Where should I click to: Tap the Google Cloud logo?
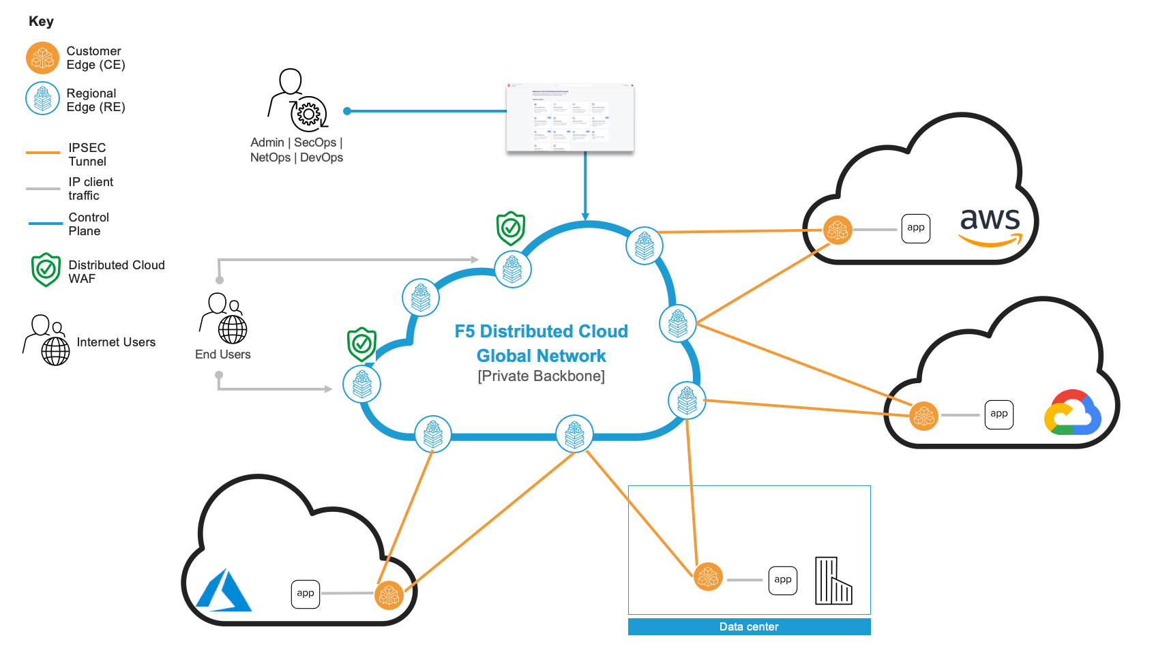tap(1072, 412)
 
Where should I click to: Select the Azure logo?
tap(224, 591)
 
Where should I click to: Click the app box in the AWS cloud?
tap(915, 228)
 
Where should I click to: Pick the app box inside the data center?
tap(782, 580)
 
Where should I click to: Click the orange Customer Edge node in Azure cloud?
tap(389, 595)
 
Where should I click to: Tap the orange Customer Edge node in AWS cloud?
tap(837, 230)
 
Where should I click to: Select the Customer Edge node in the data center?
tap(708, 577)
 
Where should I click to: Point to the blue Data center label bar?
tap(749, 627)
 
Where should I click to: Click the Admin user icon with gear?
tap(297, 100)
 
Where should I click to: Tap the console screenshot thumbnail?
tap(570, 117)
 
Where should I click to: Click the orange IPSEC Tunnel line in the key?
tap(43, 153)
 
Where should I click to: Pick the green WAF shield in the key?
tap(46, 270)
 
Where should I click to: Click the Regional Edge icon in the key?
tap(42, 99)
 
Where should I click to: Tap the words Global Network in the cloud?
tap(541, 356)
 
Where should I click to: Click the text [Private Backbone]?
tap(541, 376)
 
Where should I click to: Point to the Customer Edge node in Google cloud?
tap(923, 416)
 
